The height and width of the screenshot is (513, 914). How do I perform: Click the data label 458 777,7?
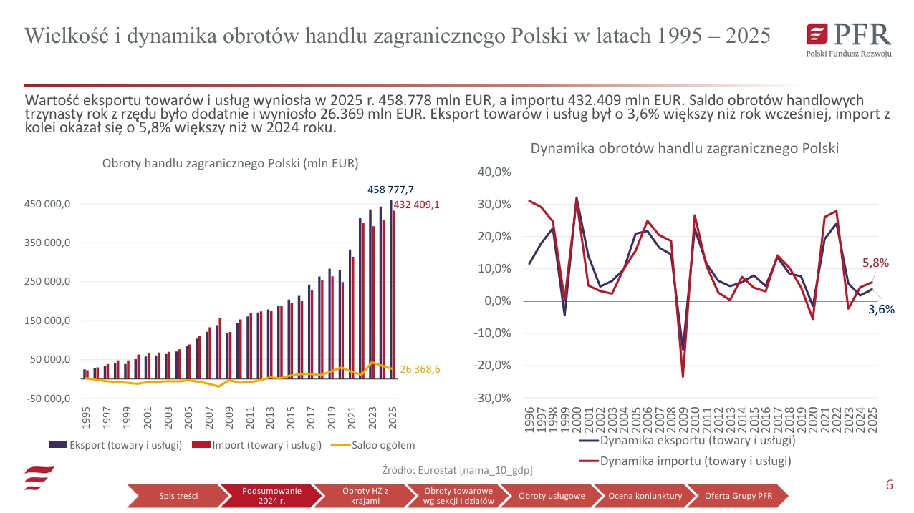(x=390, y=190)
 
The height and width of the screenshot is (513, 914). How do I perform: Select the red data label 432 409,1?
(x=416, y=205)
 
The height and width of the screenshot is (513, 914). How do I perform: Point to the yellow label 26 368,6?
(x=420, y=369)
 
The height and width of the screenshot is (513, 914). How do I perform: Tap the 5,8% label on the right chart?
(x=875, y=263)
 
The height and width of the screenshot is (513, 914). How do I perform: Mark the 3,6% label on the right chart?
(x=881, y=310)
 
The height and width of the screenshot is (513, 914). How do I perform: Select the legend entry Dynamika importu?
(x=695, y=461)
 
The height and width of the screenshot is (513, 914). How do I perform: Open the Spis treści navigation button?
(x=178, y=496)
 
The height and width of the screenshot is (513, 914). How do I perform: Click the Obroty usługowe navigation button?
(x=552, y=496)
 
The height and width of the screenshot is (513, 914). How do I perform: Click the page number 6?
(x=889, y=485)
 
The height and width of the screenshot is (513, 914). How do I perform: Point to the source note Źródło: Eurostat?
(x=458, y=470)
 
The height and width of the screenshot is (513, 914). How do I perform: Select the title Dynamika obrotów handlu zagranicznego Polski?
(x=684, y=149)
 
